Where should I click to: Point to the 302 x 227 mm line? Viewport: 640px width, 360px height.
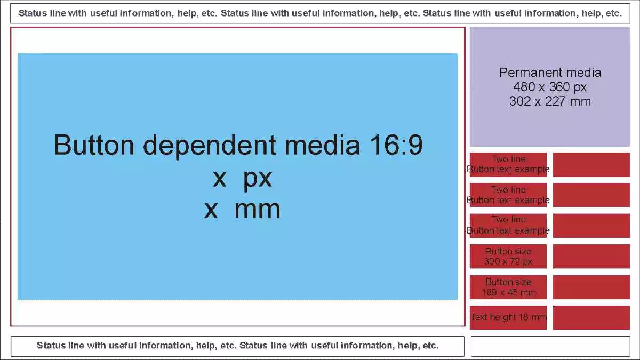point(550,101)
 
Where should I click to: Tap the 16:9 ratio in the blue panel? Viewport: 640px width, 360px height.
point(396,145)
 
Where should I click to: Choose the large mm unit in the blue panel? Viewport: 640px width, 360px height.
point(257,210)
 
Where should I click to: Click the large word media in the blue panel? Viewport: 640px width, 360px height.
point(322,145)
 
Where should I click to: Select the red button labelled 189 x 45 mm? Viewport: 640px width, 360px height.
point(508,287)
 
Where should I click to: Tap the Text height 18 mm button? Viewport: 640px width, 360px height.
point(508,317)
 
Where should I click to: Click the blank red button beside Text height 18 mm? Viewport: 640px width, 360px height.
point(591,317)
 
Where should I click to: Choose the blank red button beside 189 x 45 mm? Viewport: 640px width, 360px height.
point(591,287)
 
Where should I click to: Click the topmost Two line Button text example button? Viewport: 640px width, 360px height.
point(508,165)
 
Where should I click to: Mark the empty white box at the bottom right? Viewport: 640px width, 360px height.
point(550,346)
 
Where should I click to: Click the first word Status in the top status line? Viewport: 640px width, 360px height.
point(33,13)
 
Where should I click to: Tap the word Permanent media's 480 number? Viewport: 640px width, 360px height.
point(524,87)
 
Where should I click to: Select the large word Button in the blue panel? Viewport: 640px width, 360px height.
point(94,145)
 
